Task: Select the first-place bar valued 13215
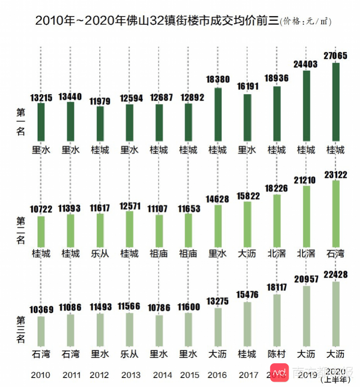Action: tap(41, 122)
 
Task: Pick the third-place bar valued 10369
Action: tap(41, 331)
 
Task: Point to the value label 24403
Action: tap(306, 64)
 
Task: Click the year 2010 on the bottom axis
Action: tap(41, 374)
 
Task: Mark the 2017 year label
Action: tap(248, 374)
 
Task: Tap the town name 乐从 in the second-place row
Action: tap(100, 254)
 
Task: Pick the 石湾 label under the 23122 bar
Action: tap(336, 254)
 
